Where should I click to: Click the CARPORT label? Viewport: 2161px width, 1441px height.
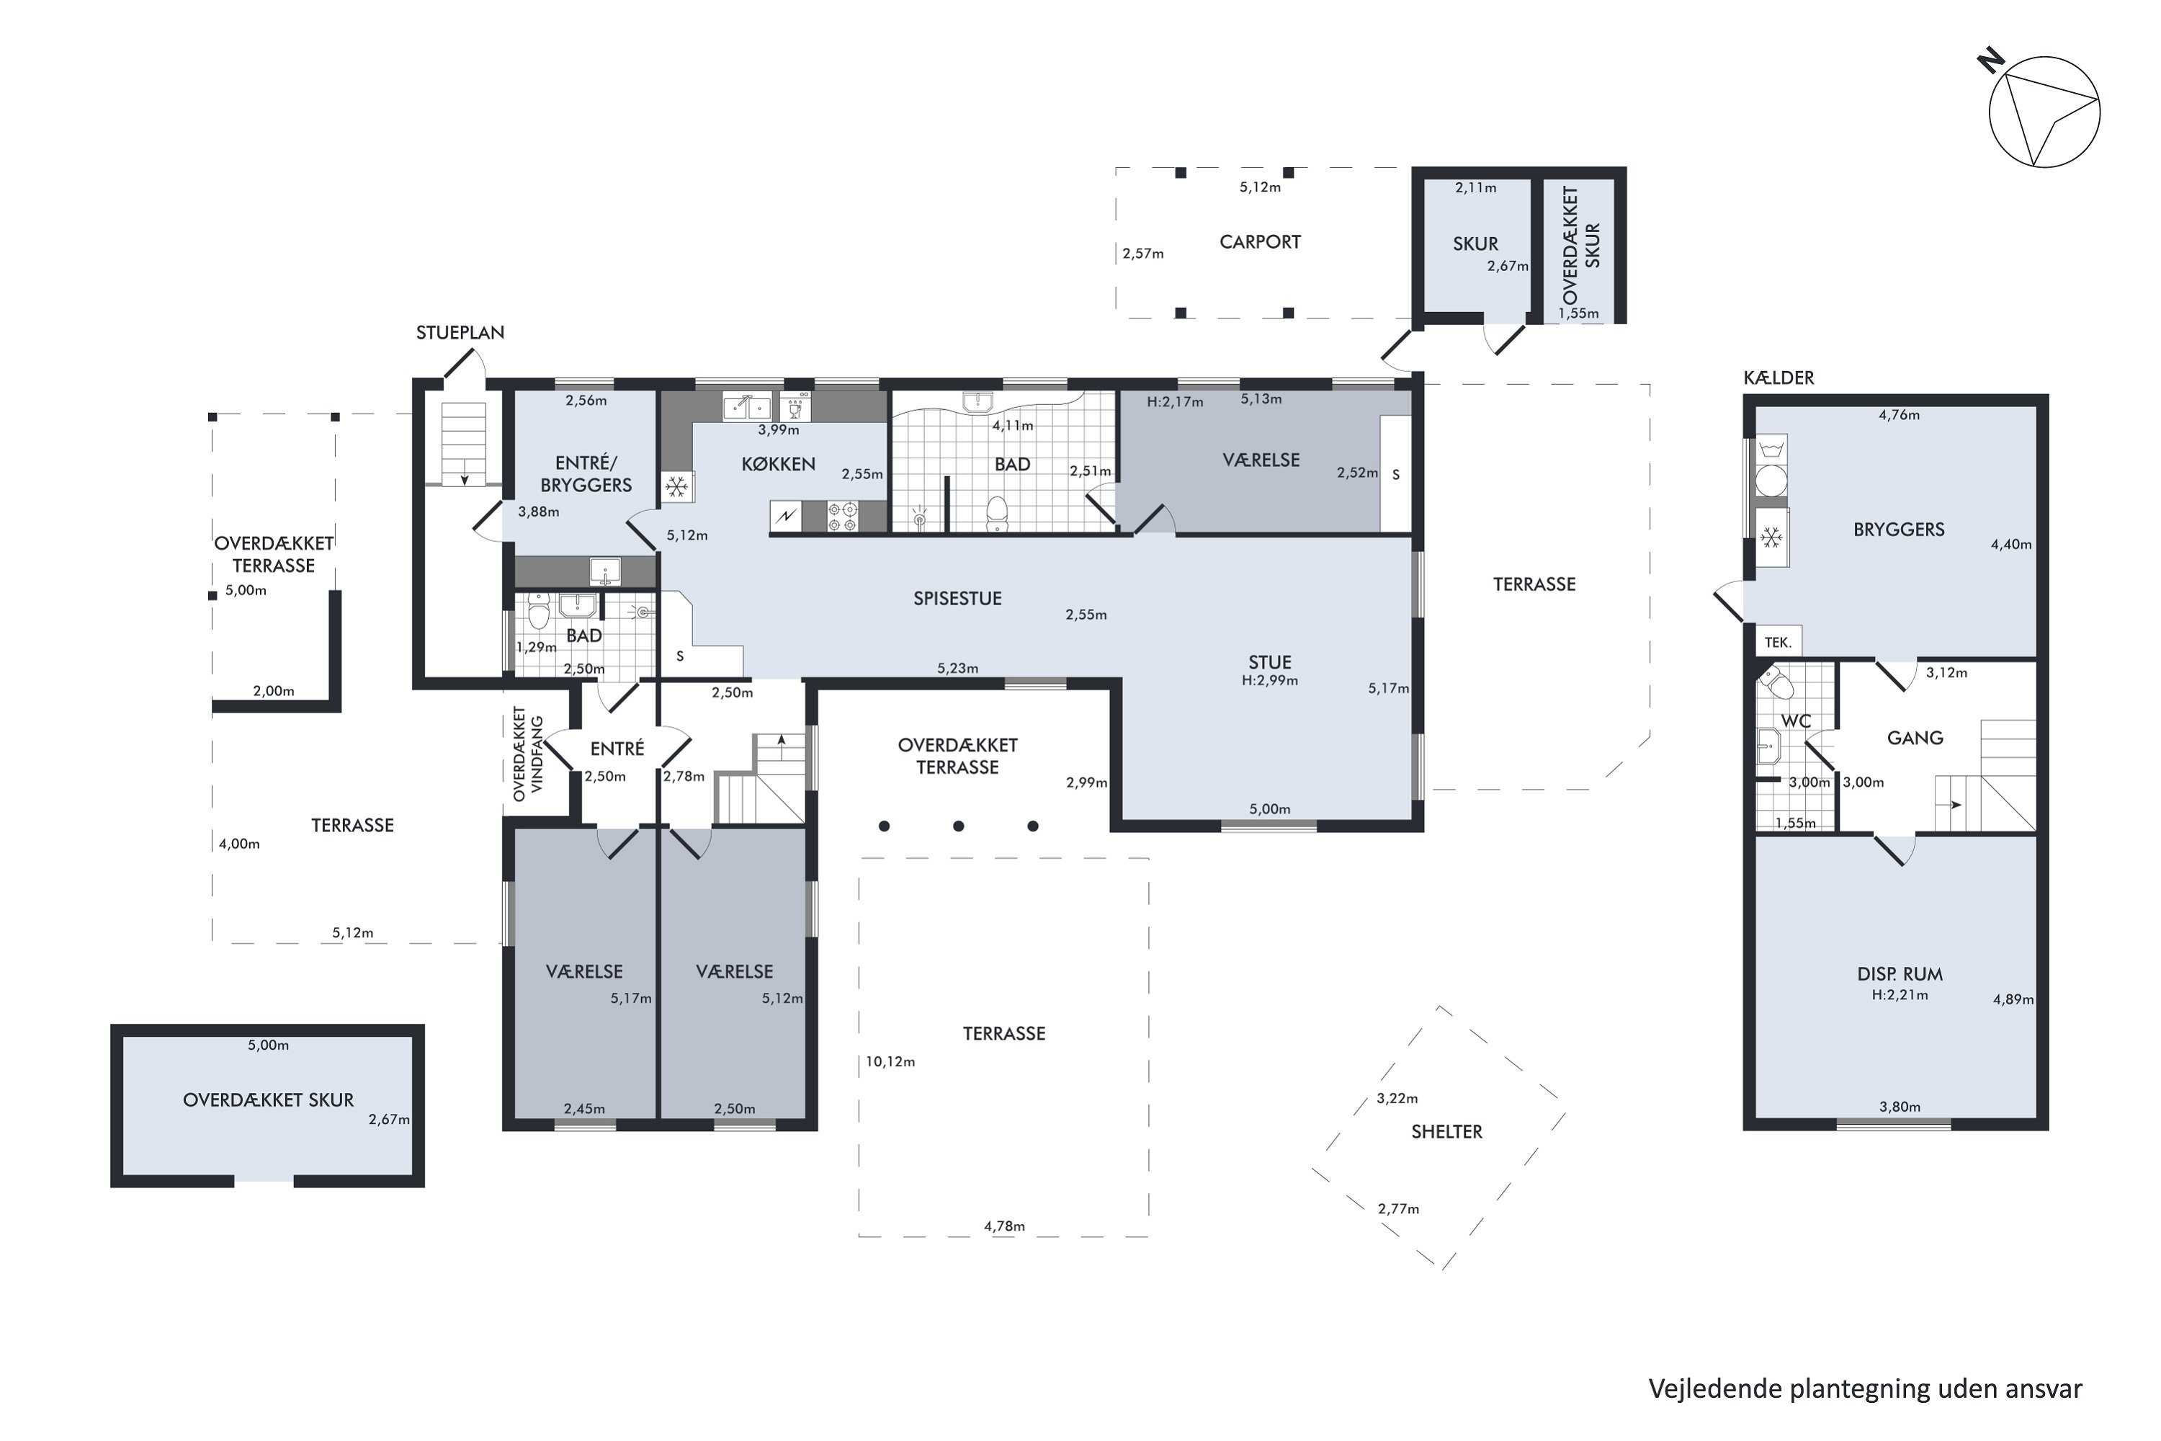1260,241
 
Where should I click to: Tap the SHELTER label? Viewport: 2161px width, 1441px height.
1447,1131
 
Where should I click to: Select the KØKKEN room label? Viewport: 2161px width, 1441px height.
778,463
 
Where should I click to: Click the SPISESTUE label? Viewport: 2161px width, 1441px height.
957,598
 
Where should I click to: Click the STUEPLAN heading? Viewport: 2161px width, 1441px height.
460,333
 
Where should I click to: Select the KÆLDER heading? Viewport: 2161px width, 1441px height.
1779,378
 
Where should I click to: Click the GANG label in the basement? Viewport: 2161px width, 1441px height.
1915,738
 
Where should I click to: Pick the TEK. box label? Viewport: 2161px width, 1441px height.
1778,643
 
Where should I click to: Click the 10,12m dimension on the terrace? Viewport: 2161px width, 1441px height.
890,1061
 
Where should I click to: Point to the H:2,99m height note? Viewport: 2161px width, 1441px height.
1270,681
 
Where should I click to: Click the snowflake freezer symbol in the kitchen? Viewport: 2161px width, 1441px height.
677,486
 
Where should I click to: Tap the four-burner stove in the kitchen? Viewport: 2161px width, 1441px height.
843,516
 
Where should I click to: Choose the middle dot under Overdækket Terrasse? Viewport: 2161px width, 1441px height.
958,826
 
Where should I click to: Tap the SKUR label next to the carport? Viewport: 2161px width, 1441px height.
1475,244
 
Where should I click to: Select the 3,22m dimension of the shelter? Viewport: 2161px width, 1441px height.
1397,1098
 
